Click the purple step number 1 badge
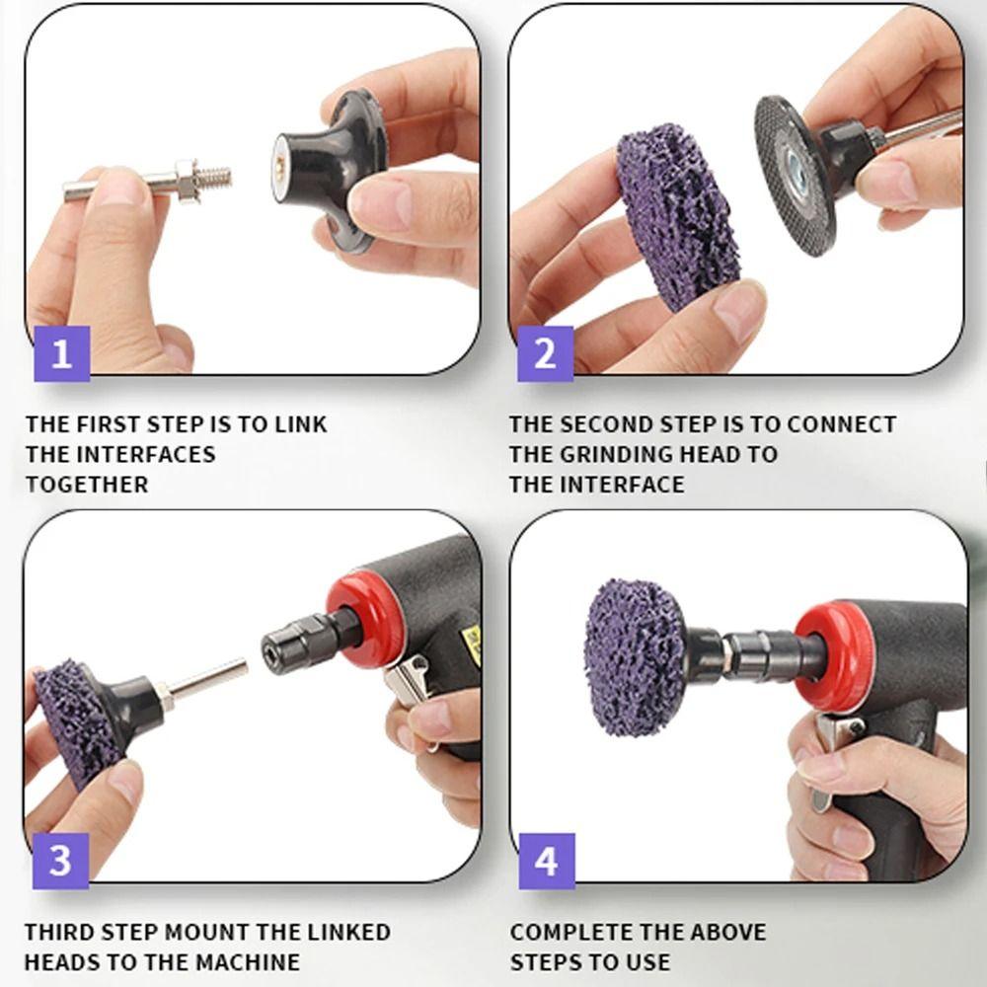pyautogui.click(x=61, y=352)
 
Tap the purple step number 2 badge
pyautogui.click(x=545, y=352)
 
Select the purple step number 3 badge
pyautogui.click(x=60, y=859)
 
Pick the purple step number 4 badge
pyautogui.click(x=545, y=860)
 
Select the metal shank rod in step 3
pyautogui.click(x=212, y=681)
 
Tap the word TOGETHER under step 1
pyautogui.click(x=87, y=485)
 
